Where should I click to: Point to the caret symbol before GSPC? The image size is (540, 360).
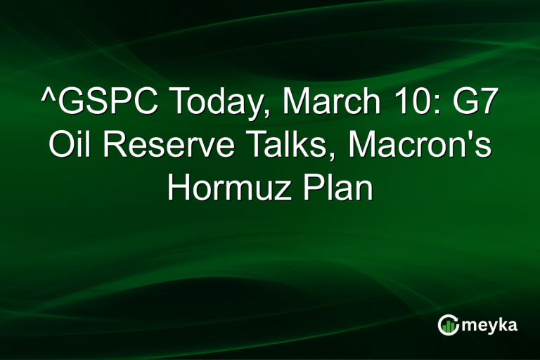click(49, 98)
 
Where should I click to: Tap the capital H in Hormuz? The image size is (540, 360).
click(179, 189)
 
